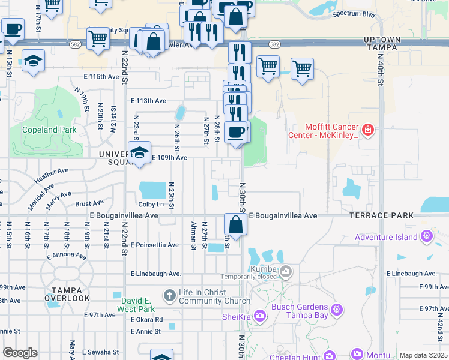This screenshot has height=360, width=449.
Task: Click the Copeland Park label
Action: tap(49, 130)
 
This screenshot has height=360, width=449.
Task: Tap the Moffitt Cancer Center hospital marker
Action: tap(368, 130)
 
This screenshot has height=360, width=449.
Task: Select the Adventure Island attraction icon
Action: tap(427, 236)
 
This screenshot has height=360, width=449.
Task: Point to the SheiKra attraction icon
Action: tap(260, 315)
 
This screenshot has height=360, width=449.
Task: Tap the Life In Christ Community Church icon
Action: tap(170, 295)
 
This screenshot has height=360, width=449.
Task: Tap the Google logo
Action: tap(20, 353)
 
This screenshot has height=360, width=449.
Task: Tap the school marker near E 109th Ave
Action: tap(139, 153)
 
